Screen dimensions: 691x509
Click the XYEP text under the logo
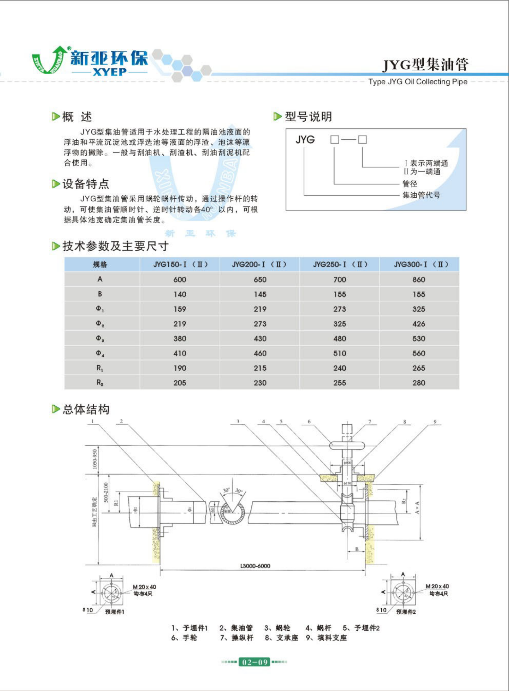(110, 72)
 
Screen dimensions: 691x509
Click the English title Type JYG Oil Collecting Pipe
(418, 82)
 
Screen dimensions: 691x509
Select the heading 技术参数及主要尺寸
(115, 246)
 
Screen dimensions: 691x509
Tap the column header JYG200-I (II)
(259, 264)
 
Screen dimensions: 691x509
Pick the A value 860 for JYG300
(419, 280)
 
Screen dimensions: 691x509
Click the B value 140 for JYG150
(180, 294)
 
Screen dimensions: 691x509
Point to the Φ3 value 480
(339, 339)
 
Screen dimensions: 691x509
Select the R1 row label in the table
(100, 368)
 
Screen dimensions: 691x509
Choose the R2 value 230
(260, 383)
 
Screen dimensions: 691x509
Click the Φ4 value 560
(419, 353)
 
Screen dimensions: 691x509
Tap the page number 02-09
(255, 662)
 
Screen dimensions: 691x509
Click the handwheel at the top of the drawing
(347, 445)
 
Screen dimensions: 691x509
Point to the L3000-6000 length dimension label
(255, 566)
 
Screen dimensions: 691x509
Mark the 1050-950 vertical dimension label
(95, 459)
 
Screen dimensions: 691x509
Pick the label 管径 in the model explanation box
(410, 184)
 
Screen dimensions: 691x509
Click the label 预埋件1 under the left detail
(115, 612)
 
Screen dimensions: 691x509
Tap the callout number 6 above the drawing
(309, 421)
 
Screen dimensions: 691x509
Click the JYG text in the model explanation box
(305, 140)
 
